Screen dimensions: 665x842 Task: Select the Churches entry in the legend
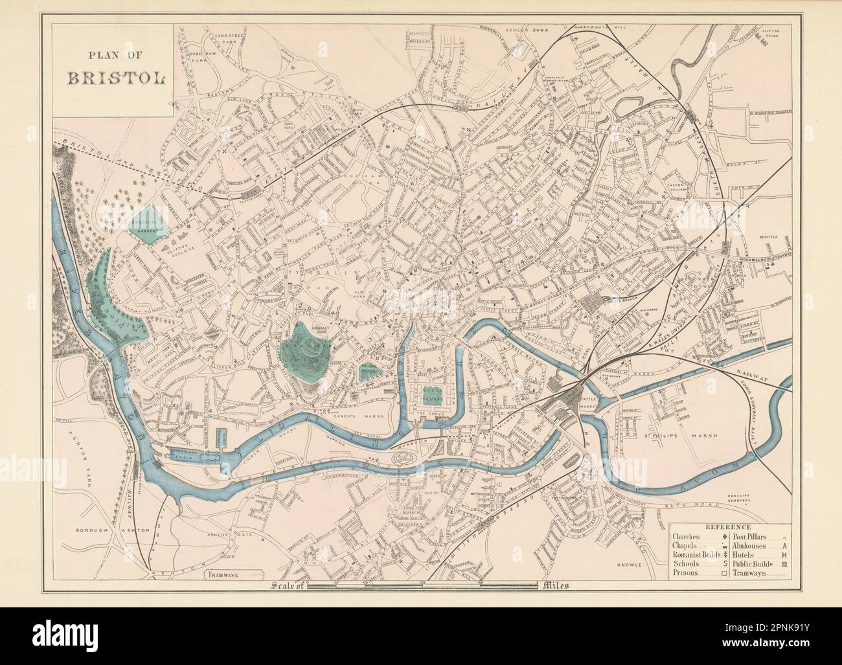click(x=690, y=537)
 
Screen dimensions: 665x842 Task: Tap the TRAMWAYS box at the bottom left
click(x=234, y=574)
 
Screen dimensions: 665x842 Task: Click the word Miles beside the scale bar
click(x=552, y=587)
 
